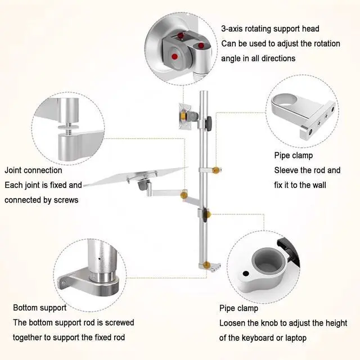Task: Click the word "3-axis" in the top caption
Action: click(x=233, y=29)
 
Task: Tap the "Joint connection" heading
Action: click(x=34, y=170)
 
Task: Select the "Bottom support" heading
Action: click(x=39, y=308)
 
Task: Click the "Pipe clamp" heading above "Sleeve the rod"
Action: click(x=294, y=155)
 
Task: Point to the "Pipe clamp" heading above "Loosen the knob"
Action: click(x=239, y=308)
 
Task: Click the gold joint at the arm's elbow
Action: click(x=183, y=195)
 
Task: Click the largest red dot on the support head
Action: click(x=175, y=56)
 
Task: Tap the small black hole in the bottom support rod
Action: click(x=99, y=259)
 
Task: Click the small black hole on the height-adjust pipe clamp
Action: click(x=246, y=274)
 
